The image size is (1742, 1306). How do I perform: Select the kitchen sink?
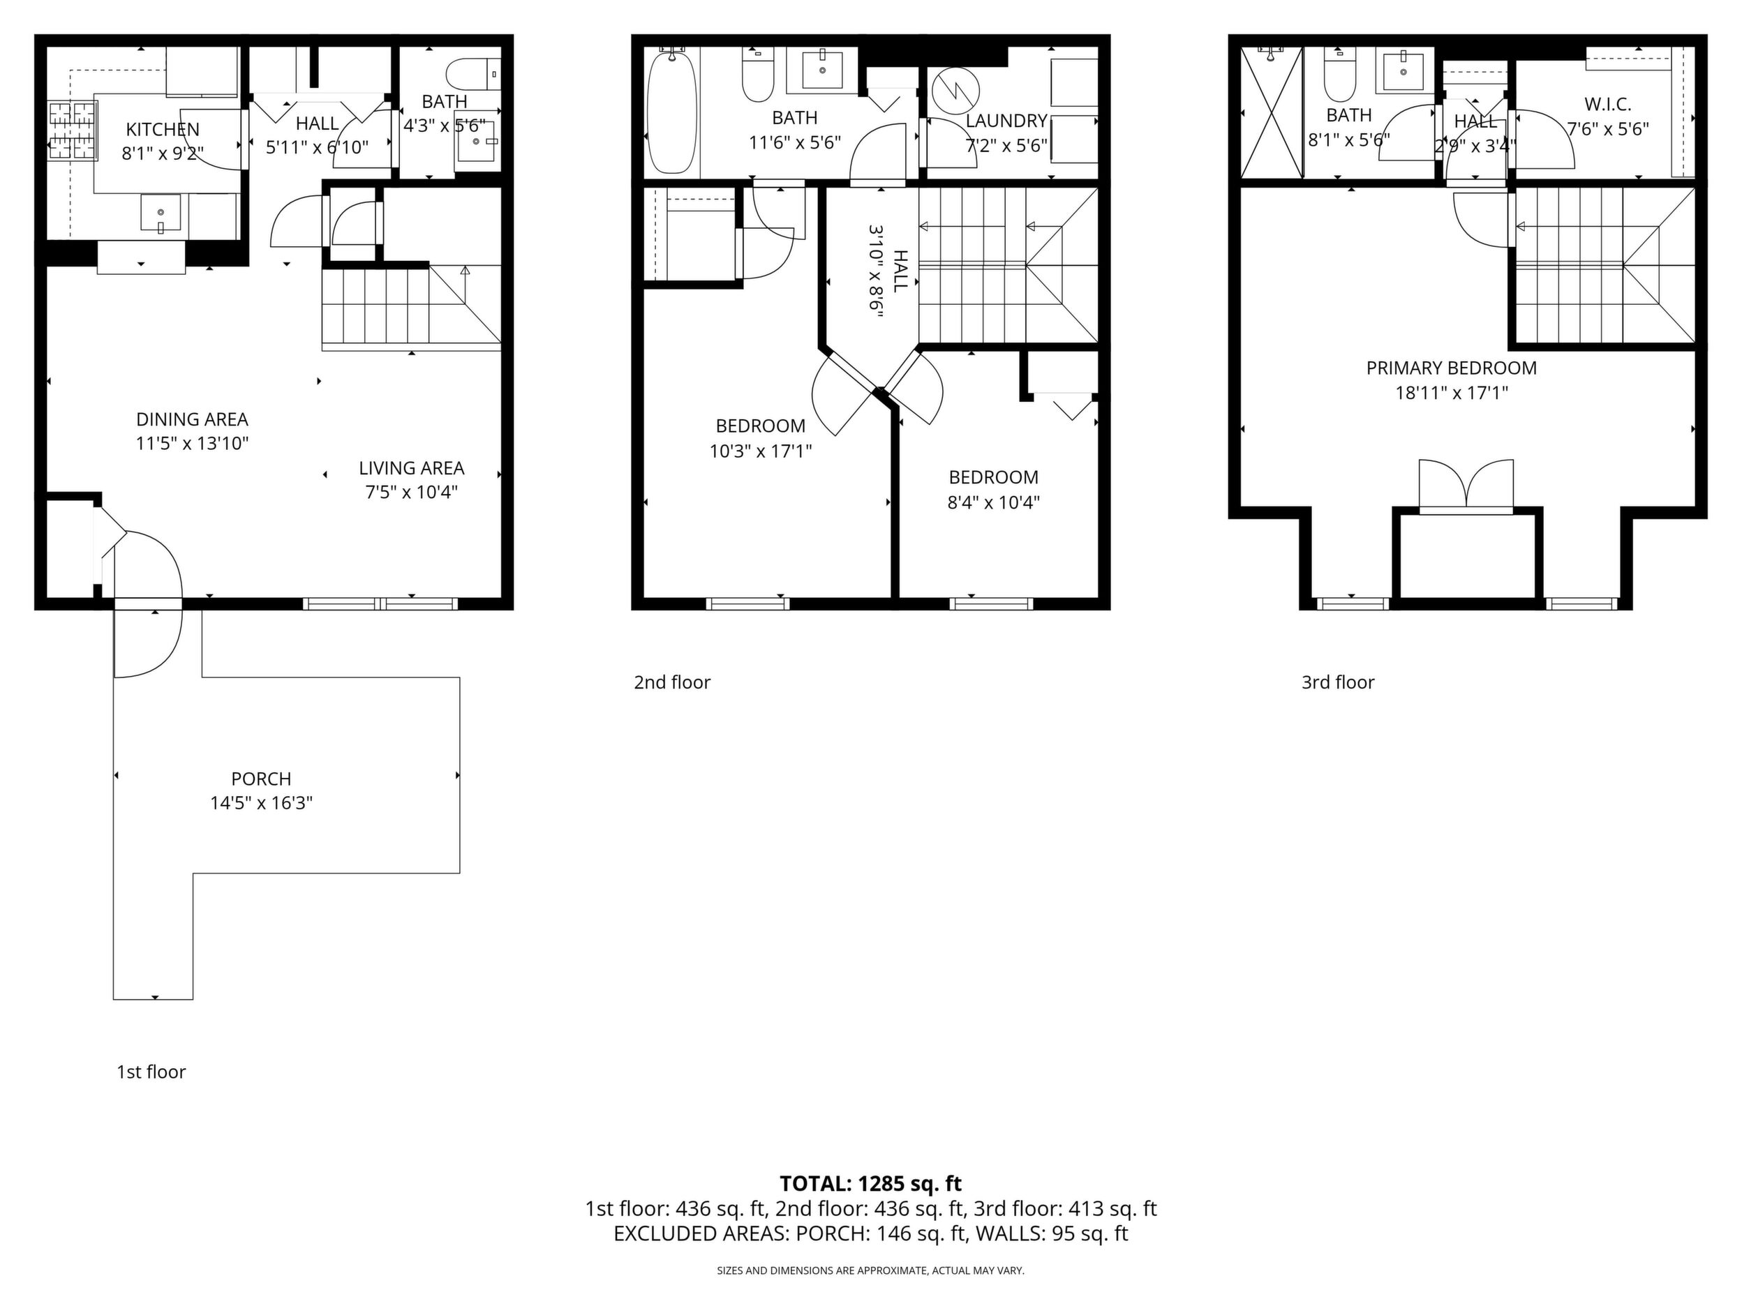point(161,213)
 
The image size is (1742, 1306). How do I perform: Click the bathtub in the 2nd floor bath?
point(671,110)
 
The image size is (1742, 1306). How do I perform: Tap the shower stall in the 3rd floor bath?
point(1272,112)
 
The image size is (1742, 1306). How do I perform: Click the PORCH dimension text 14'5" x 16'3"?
point(262,803)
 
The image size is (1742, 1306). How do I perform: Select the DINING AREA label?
point(192,419)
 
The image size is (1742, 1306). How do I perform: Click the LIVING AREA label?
point(412,467)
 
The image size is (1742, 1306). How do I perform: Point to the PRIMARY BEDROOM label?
point(1452,368)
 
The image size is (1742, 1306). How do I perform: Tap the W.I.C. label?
point(1607,104)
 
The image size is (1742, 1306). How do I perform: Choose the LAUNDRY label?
point(1006,121)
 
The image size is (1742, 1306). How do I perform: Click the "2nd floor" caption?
point(672,682)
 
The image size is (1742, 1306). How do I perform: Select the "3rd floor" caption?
point(1338,682)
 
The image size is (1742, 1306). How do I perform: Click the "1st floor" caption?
point(151,1072)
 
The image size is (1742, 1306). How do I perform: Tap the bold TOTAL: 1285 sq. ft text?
point(870,1183)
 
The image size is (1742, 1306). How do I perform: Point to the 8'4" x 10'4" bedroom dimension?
point(994,502)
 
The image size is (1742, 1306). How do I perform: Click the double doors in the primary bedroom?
point(1466,487)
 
